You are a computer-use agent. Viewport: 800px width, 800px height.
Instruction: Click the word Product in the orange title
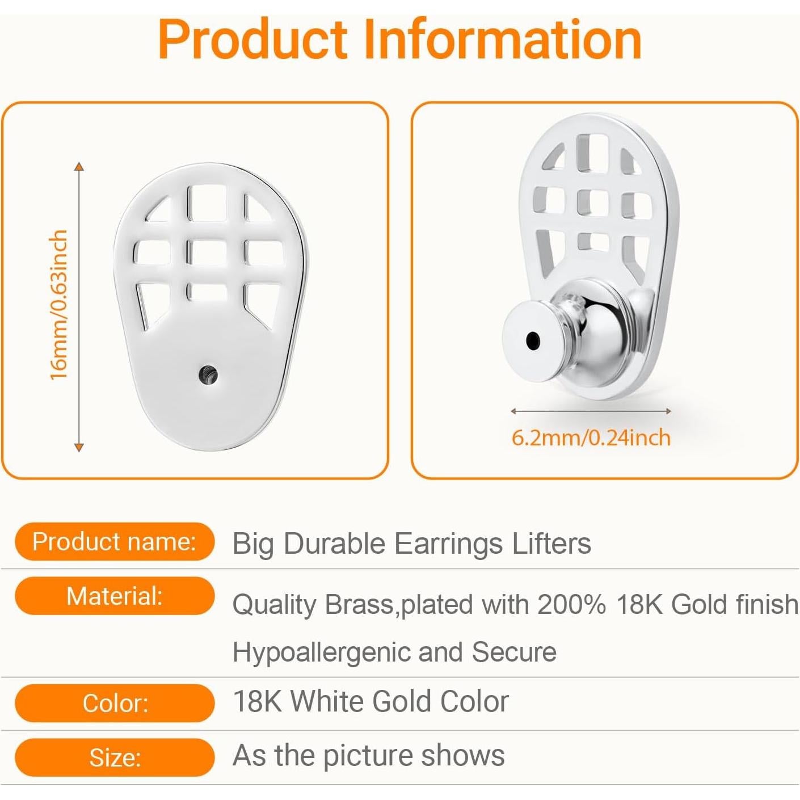(x=252, y=40)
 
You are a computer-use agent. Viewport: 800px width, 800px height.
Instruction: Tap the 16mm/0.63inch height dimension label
(x=58, y=305)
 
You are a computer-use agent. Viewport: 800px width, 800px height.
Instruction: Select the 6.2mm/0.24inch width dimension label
(x=591, y=438)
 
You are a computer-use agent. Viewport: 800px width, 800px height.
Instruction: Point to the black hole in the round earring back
(x=532, y=340)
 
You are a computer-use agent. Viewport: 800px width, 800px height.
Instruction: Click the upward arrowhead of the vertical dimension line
(x=79, y=167)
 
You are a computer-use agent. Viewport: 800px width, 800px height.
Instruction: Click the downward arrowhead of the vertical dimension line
(x=79, y=447)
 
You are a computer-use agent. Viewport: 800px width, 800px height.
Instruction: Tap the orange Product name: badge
(x=114, y=542)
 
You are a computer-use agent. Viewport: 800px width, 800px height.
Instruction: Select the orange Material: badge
(x=114, y=596)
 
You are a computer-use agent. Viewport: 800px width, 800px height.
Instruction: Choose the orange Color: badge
(x=114, y=704)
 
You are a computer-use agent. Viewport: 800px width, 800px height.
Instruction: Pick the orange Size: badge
(x=114, y=757)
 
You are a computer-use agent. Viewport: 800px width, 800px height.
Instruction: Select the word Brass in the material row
(x=359, y=604)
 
